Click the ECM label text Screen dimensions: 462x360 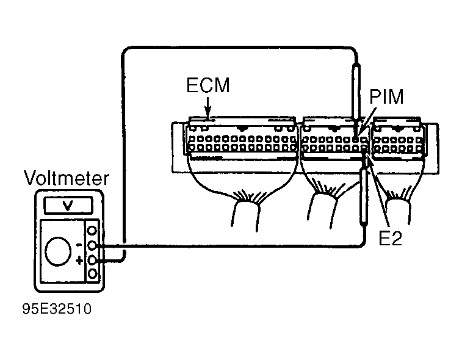pos(208,85)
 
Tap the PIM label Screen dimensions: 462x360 pos(386,96)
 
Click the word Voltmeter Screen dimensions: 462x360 pos(67,178)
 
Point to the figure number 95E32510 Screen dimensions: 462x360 pos(57,309)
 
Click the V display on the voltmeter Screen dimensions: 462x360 pos(68,205)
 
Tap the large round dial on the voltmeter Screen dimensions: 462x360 pos(58,251)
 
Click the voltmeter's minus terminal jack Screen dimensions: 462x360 pos(93,245)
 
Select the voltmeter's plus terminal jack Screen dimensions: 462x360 pos(93,260)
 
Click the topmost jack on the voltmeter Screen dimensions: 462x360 pos(93,231)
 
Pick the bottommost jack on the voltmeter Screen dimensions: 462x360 pos(93,274)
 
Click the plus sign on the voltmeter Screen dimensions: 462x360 pos(79,261)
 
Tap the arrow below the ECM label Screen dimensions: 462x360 pos(208,107)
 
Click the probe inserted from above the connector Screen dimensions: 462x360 pos(356,100)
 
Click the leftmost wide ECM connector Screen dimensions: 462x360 pos(242,139)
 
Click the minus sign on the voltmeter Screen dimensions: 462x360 pos(79,245)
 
